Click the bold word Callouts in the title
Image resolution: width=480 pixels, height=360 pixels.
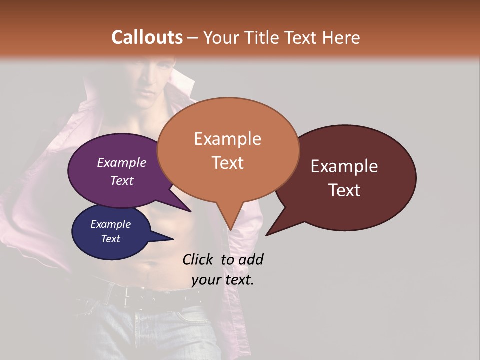147,37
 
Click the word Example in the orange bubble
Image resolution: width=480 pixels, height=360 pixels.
227,139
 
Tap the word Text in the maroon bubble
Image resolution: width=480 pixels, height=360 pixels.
345,190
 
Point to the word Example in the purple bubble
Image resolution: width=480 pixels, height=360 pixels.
121,162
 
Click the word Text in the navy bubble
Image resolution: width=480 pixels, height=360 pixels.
111,239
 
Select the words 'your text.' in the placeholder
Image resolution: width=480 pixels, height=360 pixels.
223,280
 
